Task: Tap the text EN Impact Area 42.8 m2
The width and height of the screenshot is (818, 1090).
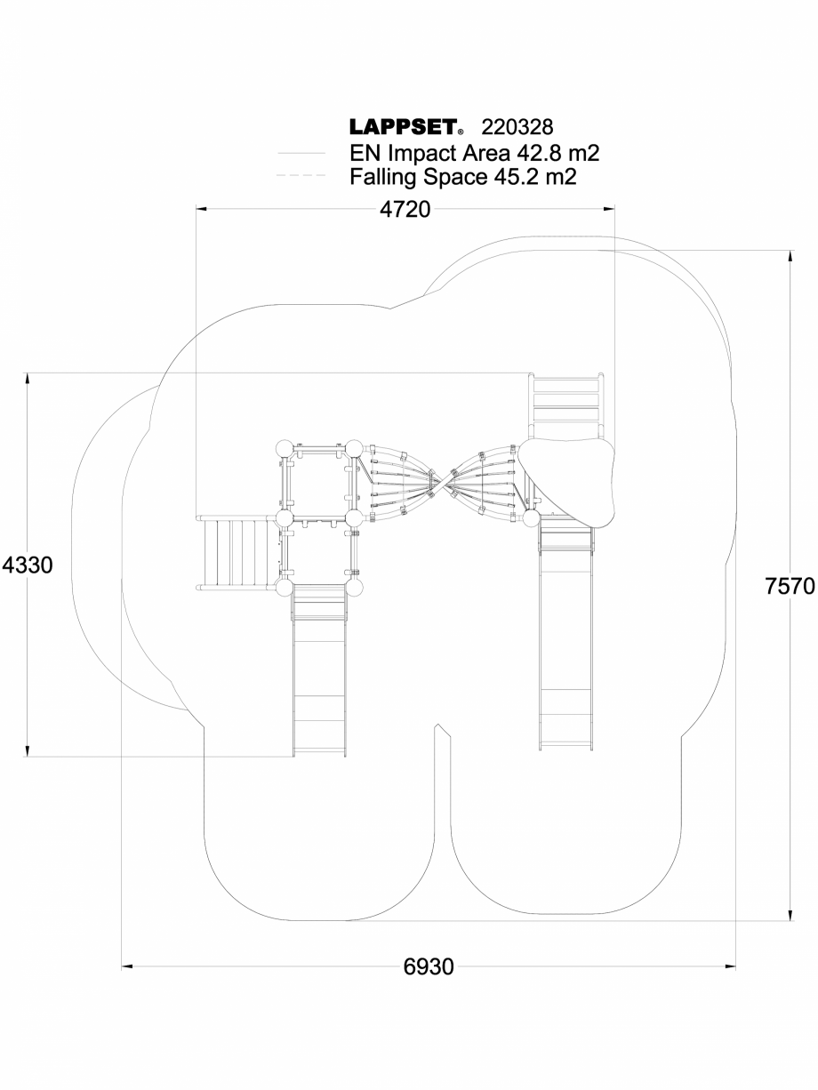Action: pyautogui.click(x=474, y=153)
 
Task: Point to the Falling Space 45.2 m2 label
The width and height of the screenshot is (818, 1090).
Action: pyautogui.click(x=462, y=177)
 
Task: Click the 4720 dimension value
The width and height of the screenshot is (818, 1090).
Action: pyautogui.click(x=405, y=210)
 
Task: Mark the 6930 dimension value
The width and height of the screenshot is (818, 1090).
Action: pyautogui.click(x=429, y=966)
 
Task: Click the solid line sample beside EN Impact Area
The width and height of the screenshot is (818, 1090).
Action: pyautogui.click(x=301, y=154)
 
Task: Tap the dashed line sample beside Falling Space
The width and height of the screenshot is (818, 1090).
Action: pyautogui.click(x=301, y=177)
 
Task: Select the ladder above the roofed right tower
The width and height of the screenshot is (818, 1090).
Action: pyautogui.click(x=567, y=405)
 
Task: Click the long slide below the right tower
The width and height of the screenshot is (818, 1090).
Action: pyautogui.click(x=565, y=640)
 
